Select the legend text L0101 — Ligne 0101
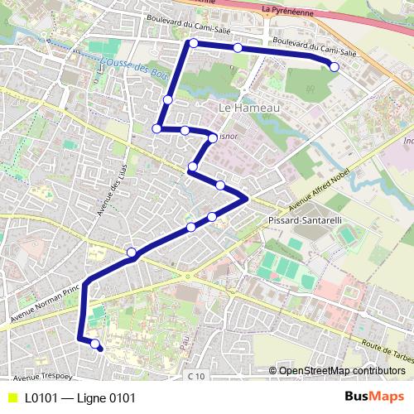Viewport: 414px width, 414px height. [x=79, y=397]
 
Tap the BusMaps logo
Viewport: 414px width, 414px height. [x=374, y=397]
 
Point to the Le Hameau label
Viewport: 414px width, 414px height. [x=249, y=108]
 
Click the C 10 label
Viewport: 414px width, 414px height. [x=195, y=377]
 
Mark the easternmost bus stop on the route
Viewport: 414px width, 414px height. [x=334, y=67]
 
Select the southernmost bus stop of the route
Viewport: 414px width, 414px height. [x=95, y=344]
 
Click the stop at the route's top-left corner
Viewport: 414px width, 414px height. [x=193, y=43]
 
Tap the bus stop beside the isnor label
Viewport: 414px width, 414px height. [x=212, y=137]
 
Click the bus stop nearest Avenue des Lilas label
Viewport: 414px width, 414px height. [x=131, y=252]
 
